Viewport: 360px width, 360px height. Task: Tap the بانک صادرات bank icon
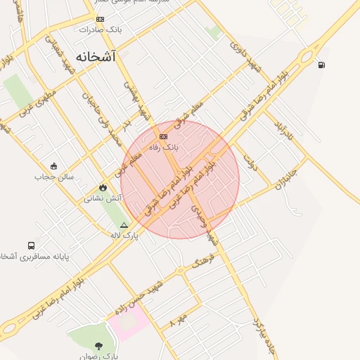(x=101, y=19)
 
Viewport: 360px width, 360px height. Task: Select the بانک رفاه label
(x=164, y=148)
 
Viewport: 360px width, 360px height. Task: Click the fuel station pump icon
(x=321, y=65)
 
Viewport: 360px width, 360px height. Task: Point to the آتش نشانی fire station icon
(x=104, y=188)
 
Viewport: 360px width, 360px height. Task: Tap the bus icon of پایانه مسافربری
(x=32, y=245)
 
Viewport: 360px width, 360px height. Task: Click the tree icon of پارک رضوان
(x=98, y=346)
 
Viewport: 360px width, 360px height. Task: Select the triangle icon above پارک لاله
(x=124, y=226)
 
